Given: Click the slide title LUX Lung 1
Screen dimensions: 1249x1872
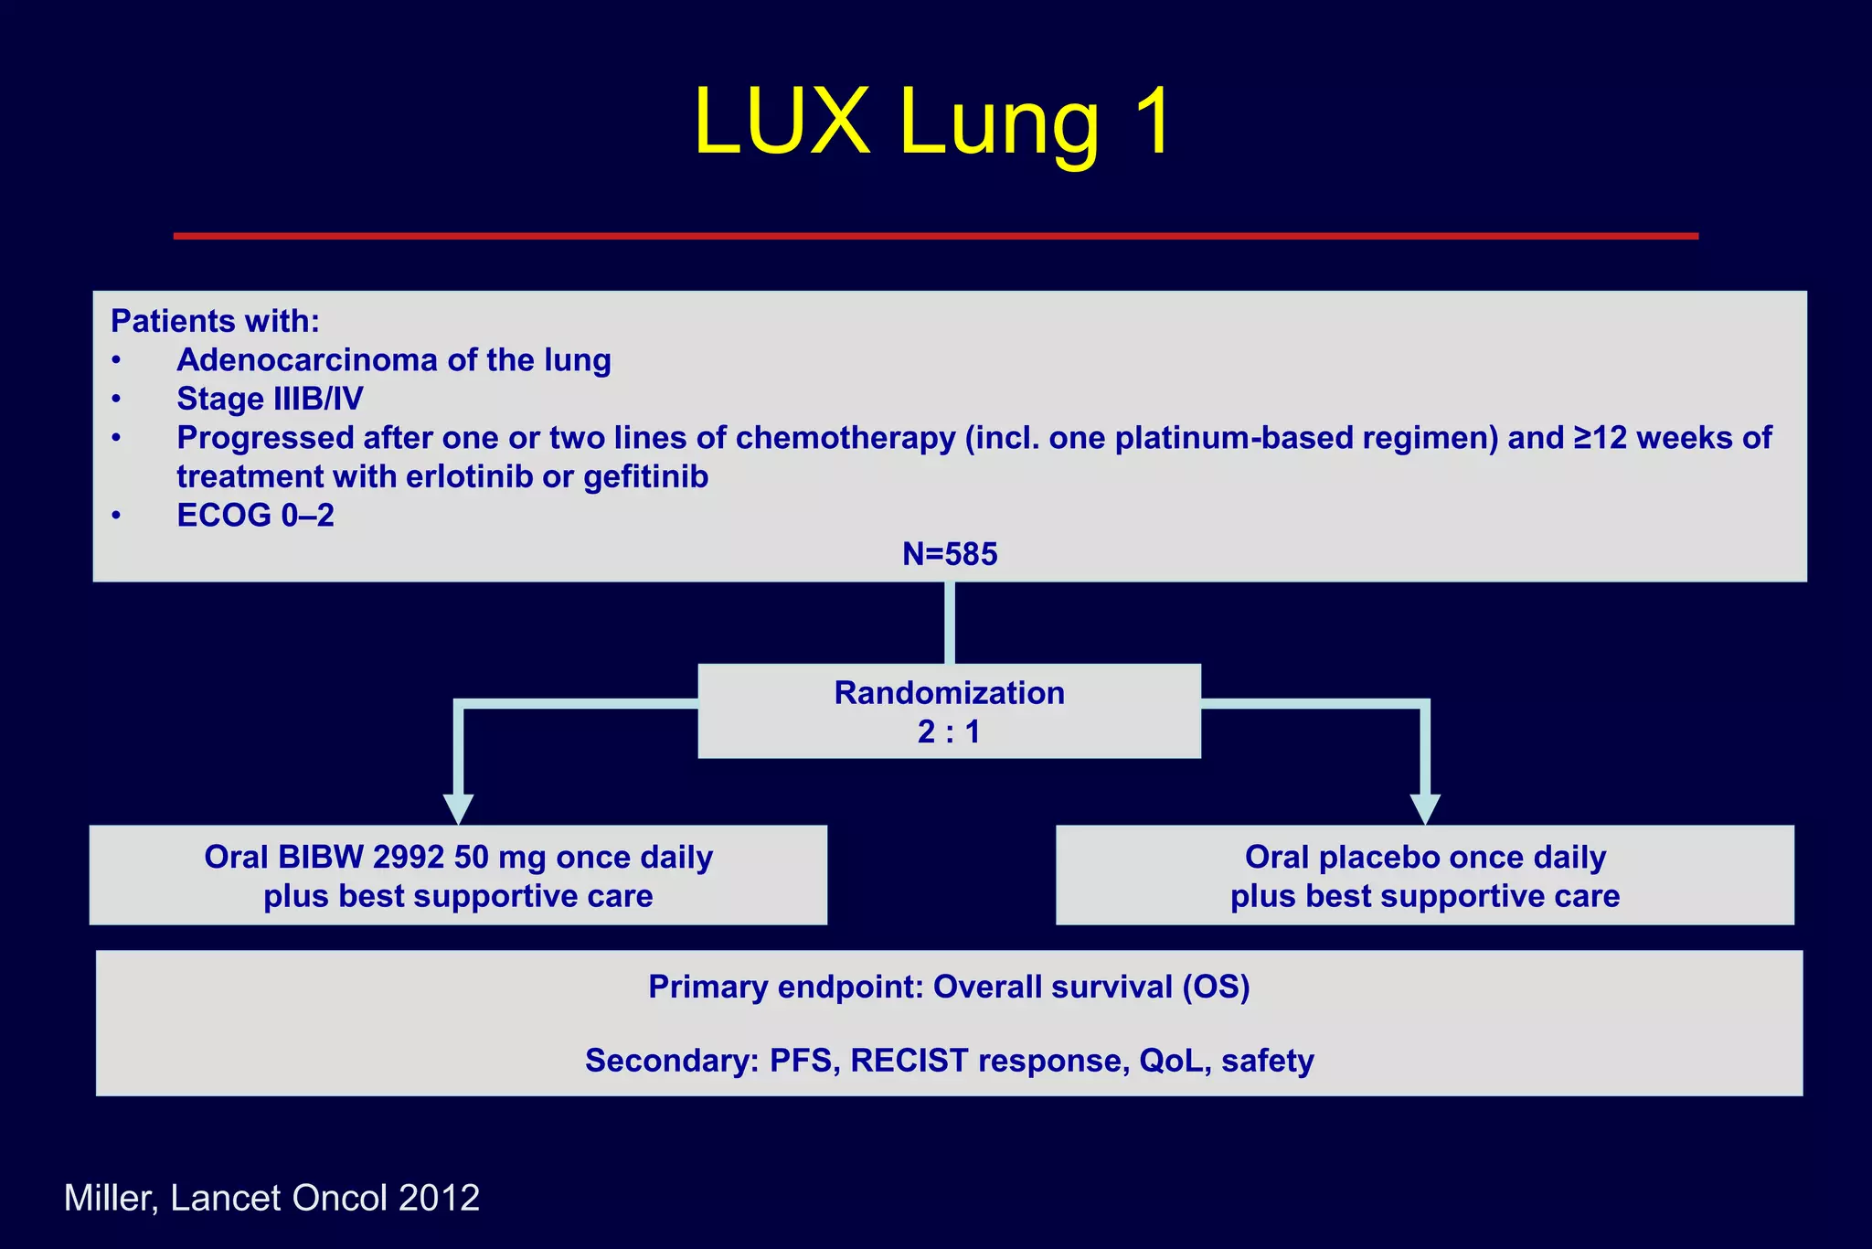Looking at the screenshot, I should click(x=932, y=122).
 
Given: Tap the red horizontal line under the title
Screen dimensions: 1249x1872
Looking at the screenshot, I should click(x=935, y=236).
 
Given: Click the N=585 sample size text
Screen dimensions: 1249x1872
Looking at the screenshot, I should click(x=950, y=554).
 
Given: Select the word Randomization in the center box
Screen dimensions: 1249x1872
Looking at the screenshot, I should click(x=949, y=693).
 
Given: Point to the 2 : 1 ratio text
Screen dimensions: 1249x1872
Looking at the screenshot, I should click(x=949, y=732).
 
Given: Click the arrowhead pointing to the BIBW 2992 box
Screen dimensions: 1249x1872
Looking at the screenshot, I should click(x=458, y=808).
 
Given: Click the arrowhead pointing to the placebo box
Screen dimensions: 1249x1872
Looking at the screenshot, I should click(x=1424, y=808).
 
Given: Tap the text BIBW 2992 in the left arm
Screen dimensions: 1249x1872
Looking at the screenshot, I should click(x=361, y=858).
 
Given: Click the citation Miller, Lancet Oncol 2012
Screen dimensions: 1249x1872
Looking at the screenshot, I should click(x=271, y=1198).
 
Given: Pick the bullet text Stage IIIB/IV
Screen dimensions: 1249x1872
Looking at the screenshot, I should click(x=270, y=399).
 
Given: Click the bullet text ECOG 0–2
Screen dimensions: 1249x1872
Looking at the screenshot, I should click(x=255, y=516).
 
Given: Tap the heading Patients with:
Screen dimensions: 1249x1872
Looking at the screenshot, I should click(x=215, y=321).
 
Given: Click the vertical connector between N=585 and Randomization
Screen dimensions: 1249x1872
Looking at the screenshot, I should click(x=950, y=623).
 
